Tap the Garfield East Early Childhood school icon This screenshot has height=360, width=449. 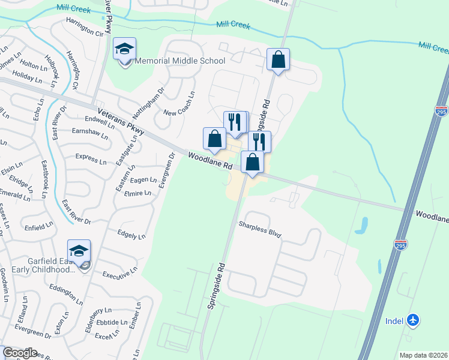79,252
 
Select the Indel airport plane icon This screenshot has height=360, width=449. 412,320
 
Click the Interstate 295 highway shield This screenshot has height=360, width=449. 401,245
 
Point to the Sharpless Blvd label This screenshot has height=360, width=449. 260,229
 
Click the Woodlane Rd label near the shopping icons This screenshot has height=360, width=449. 209,160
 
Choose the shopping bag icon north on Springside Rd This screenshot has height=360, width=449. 278,60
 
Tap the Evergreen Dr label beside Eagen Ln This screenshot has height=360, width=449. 167,170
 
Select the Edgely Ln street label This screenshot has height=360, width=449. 131,234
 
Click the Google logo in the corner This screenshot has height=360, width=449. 19,353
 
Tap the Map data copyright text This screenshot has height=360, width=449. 423,355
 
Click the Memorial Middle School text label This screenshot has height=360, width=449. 180,61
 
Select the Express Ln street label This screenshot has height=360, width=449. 91,158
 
